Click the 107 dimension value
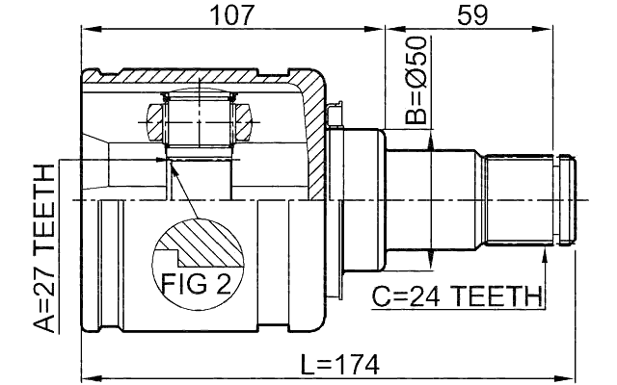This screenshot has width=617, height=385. [x=231, y=14]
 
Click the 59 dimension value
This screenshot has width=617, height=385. [x=472, y=14]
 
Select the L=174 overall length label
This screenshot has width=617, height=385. [x=339, y=365]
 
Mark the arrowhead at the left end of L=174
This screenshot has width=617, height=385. [x=87, y=378]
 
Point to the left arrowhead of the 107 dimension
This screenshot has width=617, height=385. [x=87, y=30]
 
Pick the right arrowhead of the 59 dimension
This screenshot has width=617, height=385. [x=575, y=30]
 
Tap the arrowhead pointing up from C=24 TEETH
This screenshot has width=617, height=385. [x=546, y=251]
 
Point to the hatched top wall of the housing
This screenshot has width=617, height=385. [x=212, y=75]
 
